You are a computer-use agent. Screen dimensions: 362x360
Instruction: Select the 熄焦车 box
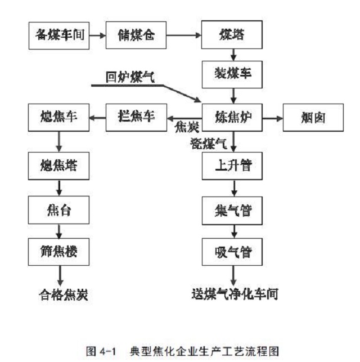58,118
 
